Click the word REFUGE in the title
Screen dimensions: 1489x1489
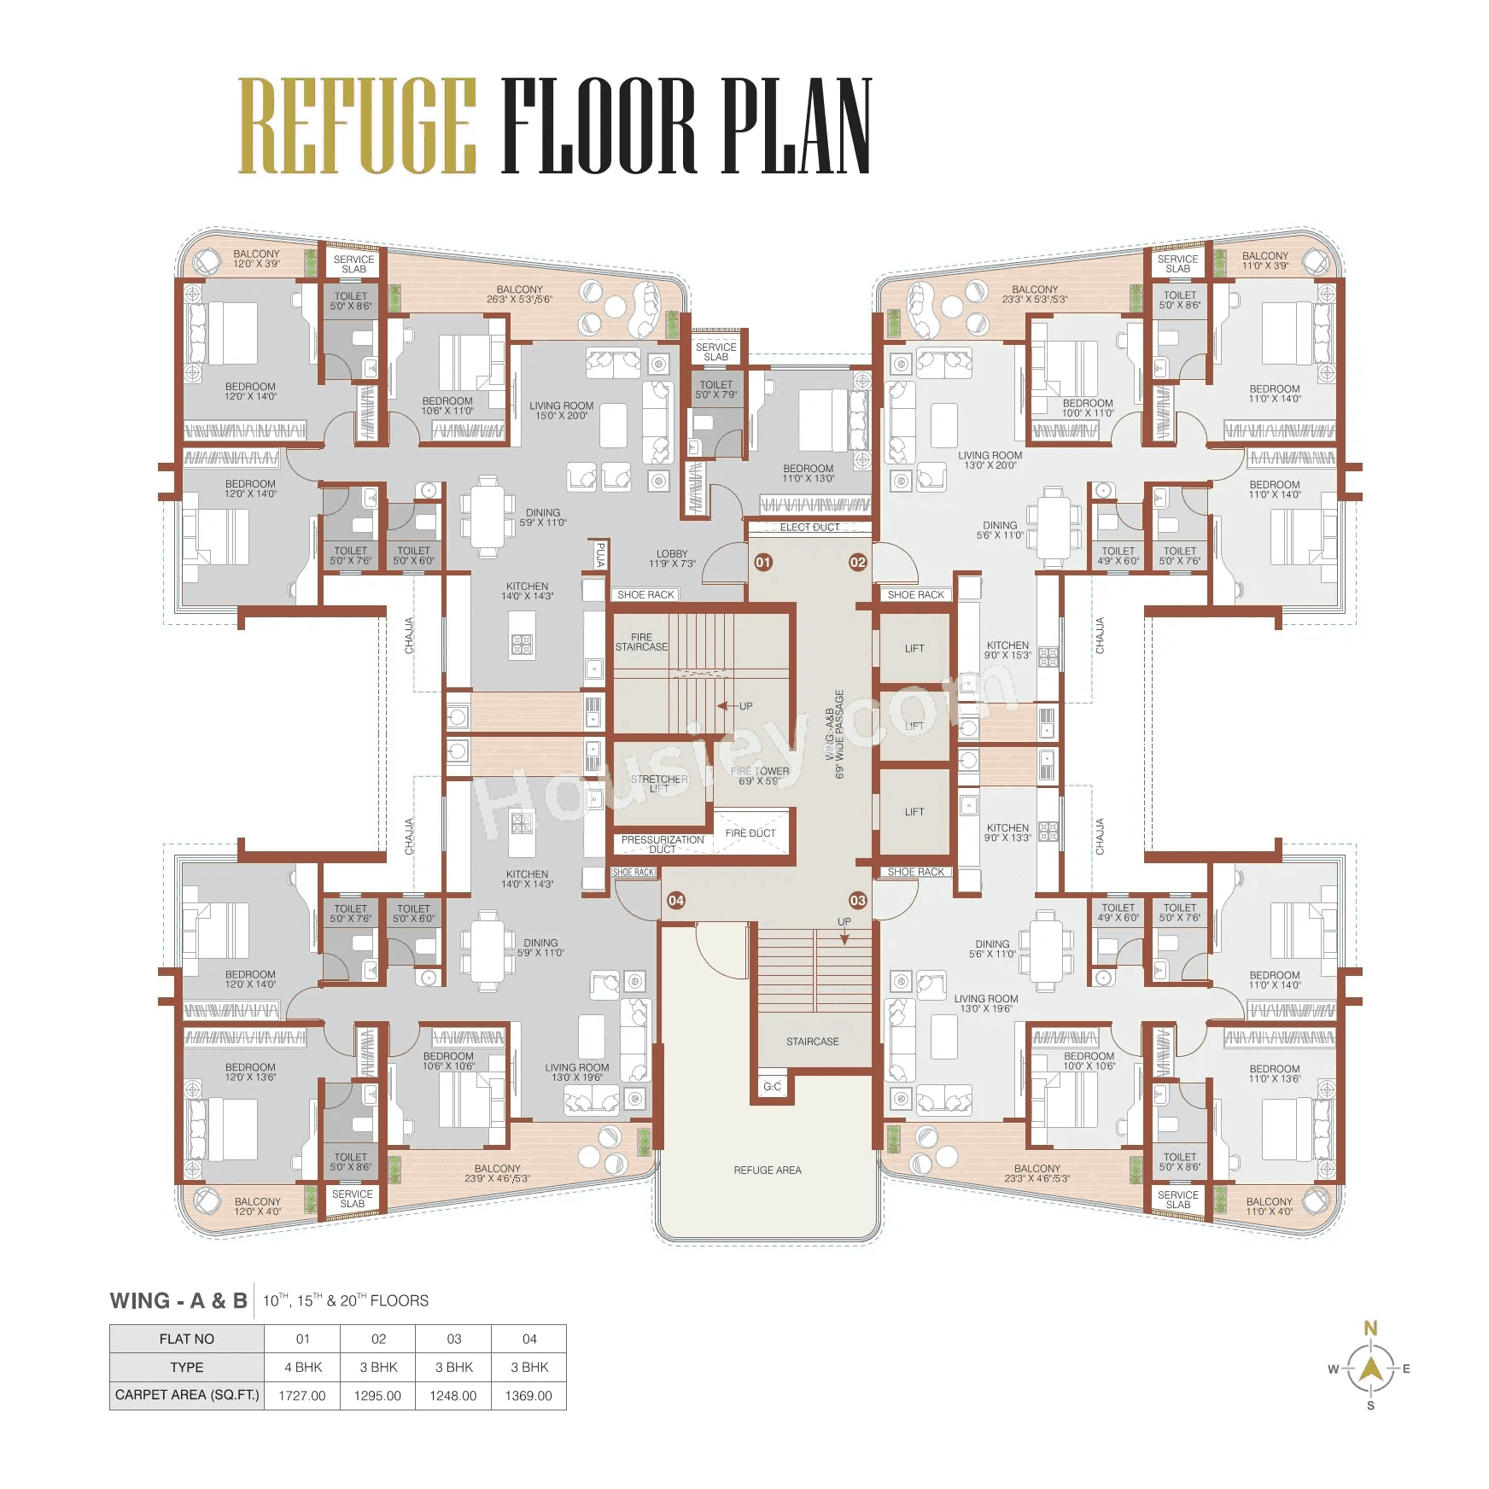tap(356, 126)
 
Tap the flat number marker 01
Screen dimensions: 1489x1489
tap(763, 562)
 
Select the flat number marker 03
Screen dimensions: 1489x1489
tap(857, 900)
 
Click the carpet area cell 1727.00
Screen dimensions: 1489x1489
tap(302, 1395)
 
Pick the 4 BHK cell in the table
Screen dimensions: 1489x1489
tap(302, 1367)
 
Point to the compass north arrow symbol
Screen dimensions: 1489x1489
tap(1370, 1369)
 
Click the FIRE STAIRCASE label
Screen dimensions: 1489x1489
tap(641, 642)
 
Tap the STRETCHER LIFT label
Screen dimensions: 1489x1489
tap(658, 784)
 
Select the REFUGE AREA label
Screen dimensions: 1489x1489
tap(768, 1170)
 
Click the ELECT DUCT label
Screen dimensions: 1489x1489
tap(809, 527)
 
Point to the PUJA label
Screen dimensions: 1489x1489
tap(600, 555)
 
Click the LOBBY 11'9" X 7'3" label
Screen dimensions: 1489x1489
tap(672, 558)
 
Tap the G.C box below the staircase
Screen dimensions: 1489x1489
tap(772, 1086)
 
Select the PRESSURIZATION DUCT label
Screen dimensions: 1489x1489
tap(663, 844)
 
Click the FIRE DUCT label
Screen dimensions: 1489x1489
tap(750, 832)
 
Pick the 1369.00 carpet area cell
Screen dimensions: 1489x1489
tap(528, 1395)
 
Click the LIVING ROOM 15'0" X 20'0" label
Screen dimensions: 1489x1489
tap(561, 411)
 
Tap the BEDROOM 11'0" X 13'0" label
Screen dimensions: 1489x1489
tap(808, 473)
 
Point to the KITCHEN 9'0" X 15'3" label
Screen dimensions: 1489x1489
tap(1007, 650)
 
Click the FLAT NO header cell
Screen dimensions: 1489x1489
tap(186, 1339)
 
